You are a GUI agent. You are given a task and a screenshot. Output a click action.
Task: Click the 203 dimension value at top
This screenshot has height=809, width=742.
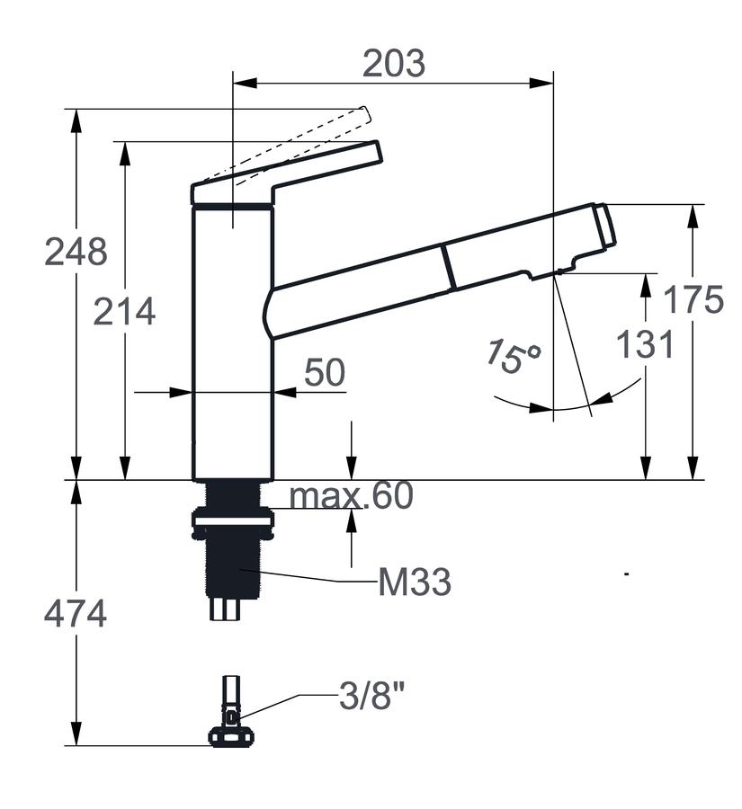click(x=394, y=64)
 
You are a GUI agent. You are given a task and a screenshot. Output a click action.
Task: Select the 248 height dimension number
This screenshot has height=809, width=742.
click(x=76, y=252)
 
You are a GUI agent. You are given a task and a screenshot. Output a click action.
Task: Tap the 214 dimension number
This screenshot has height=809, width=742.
click(x=124, y=311)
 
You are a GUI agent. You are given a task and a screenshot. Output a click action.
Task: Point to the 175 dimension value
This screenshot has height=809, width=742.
click(x=693, y=298)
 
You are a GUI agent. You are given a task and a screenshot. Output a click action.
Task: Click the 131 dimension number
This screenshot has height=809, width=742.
click(x=646, y=344)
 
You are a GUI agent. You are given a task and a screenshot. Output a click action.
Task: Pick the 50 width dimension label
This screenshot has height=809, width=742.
click(x=325, y=372)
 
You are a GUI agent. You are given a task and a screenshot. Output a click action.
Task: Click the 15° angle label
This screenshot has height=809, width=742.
click(x=513, y=354)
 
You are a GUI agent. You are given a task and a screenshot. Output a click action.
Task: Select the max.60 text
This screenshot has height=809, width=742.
click(x=351, y=495)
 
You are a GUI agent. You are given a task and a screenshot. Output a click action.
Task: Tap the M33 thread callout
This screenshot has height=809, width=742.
click(x=415, y=582)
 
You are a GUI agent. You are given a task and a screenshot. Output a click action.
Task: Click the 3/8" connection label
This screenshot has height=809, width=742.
click(x=371, y=695)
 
